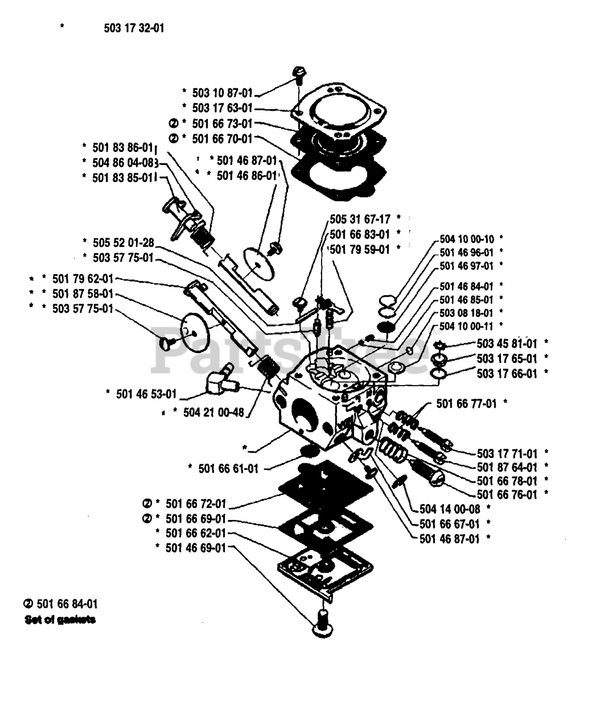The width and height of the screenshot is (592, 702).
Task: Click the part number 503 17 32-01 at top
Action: [x=133, y=27]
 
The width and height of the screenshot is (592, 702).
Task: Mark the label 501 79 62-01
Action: [x=83, y=279]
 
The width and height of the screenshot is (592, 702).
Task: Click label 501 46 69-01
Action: [x=195, y=547]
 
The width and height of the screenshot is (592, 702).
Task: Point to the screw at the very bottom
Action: [x=323, y=624]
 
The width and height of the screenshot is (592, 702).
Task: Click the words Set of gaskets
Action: [x=60, y=620]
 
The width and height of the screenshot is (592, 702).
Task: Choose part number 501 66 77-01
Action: [x=466, y=404]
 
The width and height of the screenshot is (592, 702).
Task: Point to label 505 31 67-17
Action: [x=360, y=219]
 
